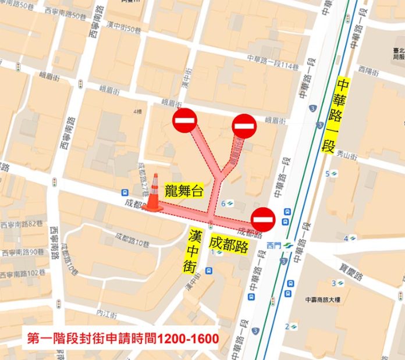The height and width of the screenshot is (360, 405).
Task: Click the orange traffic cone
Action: pos(154,193)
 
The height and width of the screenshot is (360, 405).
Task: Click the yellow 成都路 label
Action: pos(229,244)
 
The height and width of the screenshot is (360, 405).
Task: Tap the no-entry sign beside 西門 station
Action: pos(262,219)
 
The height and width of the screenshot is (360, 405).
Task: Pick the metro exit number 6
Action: pos(223,203)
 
